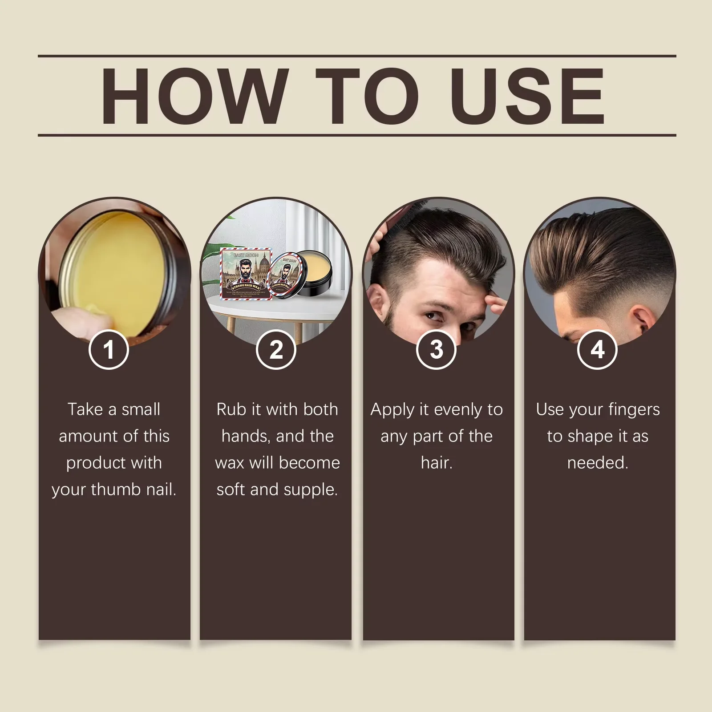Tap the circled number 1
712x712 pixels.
[109, 349]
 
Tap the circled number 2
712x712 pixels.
[276, 349]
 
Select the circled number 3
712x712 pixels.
[437, 349]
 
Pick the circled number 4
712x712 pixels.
[597, 349]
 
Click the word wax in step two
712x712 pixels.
[229, 463]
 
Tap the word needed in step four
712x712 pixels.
[597, 463]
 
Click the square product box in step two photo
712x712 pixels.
[246, 272]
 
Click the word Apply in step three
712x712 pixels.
[392, 410]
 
